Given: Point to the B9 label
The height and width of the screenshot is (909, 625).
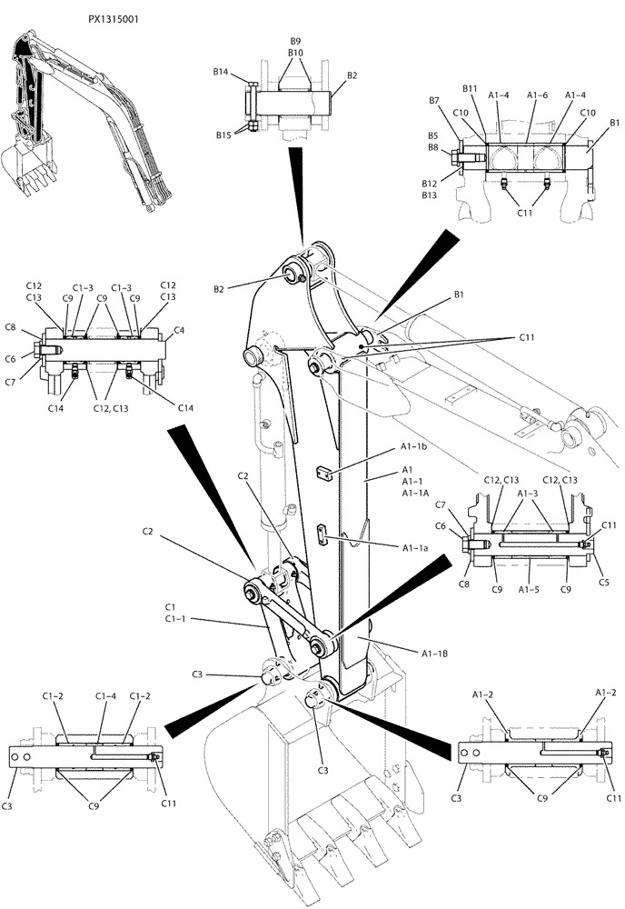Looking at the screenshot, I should pyautogui.click(x=295, y=42).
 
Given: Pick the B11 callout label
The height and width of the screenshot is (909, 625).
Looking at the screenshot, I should pyautogui.click(x=470, y=88).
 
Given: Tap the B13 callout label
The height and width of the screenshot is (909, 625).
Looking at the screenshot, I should pyautogui.click(x=431, y=195).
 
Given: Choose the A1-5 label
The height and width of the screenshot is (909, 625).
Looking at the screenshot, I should pyautogui.click(x=530, y=589).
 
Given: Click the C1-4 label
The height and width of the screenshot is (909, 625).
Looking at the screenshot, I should pyautogui.click(x=106, y=695).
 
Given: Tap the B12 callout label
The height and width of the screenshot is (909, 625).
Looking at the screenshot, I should pyautogui.click(x=431, y=183).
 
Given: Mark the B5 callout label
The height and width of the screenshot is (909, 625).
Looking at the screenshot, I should pyautogui.click(x=433, y=135).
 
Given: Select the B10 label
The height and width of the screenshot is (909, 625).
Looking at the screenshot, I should pyautogui.click(x=295, y=53).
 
